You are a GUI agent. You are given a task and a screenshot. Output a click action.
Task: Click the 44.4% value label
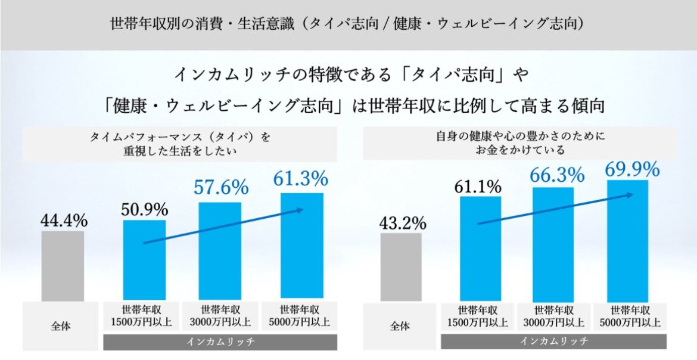pos(64,221)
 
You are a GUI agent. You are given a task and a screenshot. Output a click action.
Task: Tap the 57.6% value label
pos(220,188)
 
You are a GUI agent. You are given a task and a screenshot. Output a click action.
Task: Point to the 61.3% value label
pos(301,178)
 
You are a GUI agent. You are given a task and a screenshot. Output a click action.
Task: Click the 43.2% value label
pos(402,224)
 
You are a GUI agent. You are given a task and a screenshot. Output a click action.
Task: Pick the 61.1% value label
pos(479,187)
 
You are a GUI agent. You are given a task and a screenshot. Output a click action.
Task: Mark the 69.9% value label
pos(631,169)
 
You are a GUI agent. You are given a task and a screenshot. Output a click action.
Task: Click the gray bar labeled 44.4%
pos(63,266)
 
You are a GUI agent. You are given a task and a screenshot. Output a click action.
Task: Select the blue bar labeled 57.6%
pos(220,252)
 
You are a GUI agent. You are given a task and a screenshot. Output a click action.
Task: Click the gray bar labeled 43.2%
pos(401,267)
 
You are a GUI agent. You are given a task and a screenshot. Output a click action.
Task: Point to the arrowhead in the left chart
pos(301,210)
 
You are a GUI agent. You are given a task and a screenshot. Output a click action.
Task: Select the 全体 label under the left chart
pos(61,326)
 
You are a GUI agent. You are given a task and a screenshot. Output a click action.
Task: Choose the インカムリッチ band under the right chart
pos(554,342)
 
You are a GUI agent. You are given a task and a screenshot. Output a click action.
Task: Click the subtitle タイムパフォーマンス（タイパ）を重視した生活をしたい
pos(180,144)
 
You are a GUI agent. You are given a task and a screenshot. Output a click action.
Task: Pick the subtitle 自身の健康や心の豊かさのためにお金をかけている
pos(520,143)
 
